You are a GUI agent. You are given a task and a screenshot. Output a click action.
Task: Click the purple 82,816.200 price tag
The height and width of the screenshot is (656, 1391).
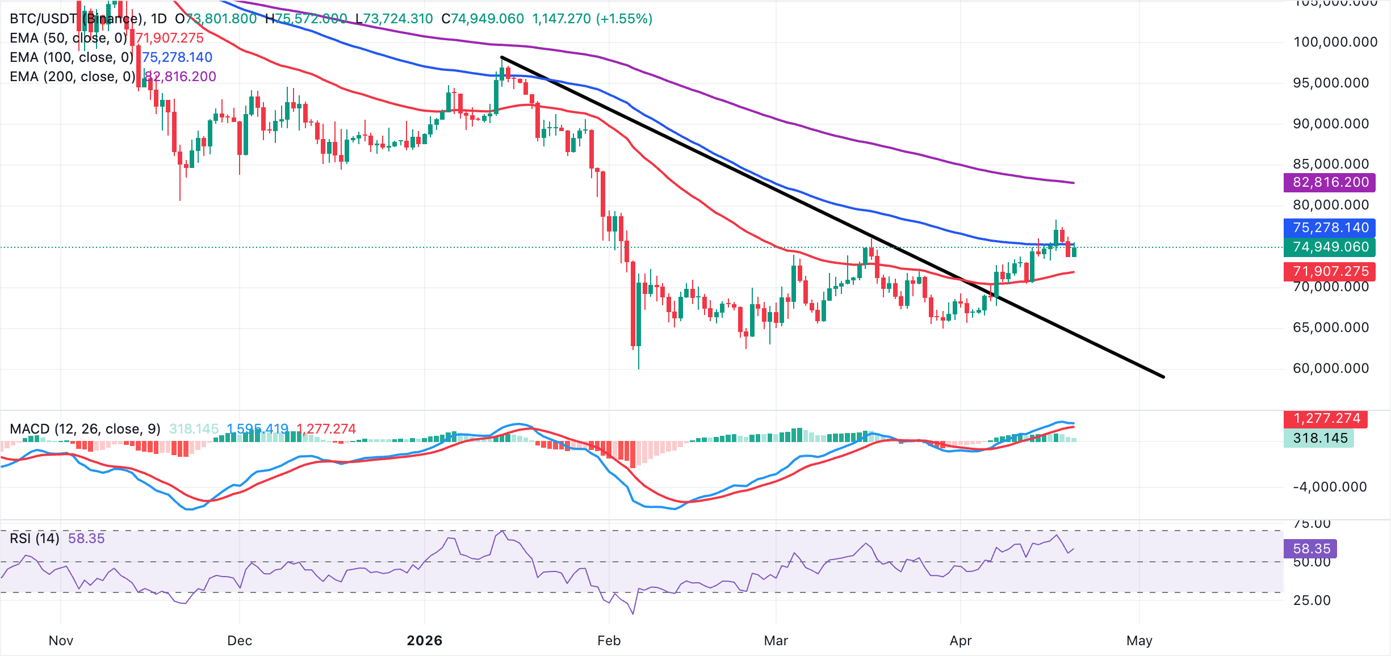click(x=1330, y=182)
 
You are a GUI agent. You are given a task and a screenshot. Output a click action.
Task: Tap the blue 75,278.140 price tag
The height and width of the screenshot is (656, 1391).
click(x=1330, y=228)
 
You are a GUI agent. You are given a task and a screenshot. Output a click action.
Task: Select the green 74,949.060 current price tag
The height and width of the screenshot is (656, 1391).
click(x=1330, y=247)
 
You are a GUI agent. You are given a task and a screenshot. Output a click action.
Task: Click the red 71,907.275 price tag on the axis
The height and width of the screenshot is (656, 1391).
click(x=1330, y=271)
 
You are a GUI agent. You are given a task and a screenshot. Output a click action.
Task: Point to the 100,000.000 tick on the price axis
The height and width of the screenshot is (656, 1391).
click(x=1335, y=42)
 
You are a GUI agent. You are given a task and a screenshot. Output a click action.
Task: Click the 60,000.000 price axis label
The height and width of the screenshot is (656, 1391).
click(x=1331, y=368)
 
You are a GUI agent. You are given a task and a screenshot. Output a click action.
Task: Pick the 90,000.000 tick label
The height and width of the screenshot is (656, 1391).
click(x=1331, y=124)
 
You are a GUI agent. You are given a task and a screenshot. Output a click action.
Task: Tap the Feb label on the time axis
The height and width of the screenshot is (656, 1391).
click(x=609, y=641)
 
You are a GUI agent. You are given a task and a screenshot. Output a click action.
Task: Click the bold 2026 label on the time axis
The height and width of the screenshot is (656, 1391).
click(x=425, y=641)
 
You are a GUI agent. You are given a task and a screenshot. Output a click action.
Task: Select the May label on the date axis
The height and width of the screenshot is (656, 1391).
click(x=1139, y=641)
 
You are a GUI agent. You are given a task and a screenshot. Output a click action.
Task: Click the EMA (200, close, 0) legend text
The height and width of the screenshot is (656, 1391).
click(x=73, y=77)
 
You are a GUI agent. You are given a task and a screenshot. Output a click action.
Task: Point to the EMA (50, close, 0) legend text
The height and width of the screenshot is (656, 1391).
click(x=69, y=38)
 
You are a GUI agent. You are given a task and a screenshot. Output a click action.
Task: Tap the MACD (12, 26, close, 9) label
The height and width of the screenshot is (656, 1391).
click(x=85, y=429)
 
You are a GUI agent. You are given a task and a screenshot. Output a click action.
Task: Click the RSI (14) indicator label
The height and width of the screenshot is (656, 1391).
click(x=35, y=538)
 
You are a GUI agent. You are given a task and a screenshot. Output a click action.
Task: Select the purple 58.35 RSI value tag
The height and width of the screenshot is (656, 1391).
click(x=1311, y=549)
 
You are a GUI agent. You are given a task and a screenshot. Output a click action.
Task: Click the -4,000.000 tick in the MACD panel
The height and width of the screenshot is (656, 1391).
click(x=1329, y=487)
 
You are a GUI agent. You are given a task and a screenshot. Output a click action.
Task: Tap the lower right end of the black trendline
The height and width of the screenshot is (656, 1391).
click(x=1163, y=377)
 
